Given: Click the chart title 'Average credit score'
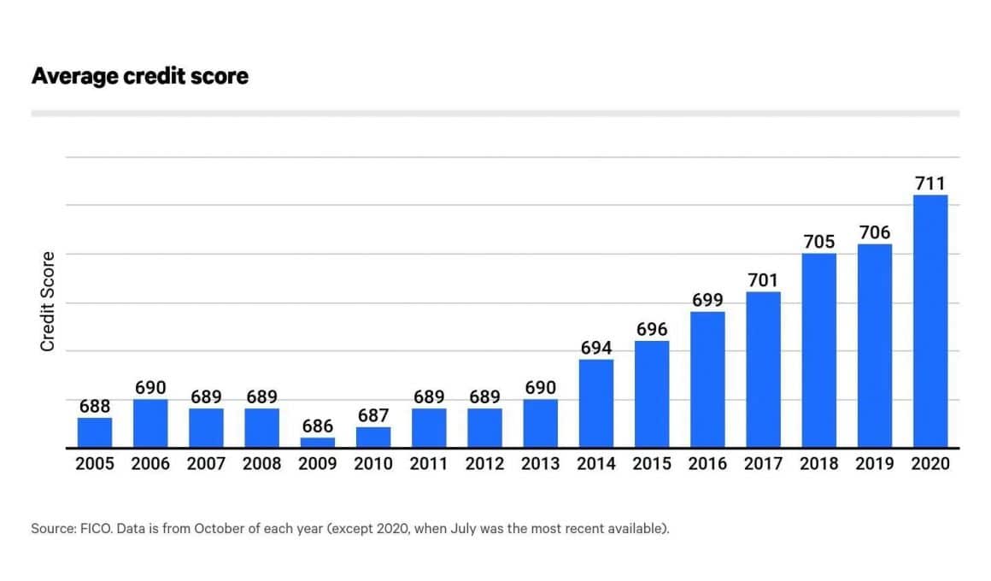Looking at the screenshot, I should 139,76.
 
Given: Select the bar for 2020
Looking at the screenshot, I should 930,321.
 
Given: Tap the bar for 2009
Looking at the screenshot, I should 317,443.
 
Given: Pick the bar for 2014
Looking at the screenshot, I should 596,403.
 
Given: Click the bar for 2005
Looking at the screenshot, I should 95,432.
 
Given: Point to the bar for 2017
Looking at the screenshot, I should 763,369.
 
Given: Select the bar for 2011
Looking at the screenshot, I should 429,427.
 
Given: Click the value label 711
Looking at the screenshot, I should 930,184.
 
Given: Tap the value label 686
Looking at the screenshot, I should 317,425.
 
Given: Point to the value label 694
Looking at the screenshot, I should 596,348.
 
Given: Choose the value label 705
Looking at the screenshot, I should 819,242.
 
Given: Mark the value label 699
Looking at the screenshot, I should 707,300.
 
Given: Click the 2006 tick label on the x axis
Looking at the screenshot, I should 150,464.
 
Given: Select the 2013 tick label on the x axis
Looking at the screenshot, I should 540,464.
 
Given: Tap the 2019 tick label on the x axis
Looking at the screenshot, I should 875,464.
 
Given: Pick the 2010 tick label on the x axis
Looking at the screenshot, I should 373,464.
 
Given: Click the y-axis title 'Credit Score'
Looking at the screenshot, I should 48,301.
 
